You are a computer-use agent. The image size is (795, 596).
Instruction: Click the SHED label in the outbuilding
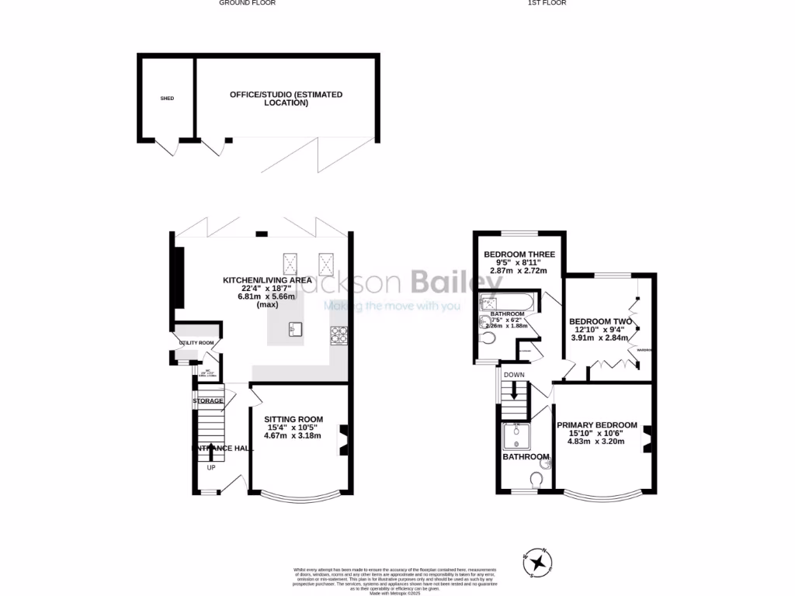(x=167, y=99)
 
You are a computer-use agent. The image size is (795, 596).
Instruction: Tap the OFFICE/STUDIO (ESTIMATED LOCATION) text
(x=286, y=99)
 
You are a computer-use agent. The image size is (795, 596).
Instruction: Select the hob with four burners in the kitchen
(x=339, y=334)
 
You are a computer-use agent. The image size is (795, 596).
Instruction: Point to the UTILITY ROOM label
(x=196, y=342)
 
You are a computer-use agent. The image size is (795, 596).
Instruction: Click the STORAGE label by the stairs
(x=208, y=401)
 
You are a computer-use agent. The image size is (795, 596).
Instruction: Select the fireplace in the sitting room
(x=342, y=438)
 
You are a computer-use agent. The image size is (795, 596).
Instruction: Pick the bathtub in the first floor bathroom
(x=505, y=303)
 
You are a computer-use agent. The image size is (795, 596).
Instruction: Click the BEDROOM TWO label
(x=600, y=321)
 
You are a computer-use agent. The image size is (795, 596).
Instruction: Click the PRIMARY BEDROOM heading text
(x=596, y=425)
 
